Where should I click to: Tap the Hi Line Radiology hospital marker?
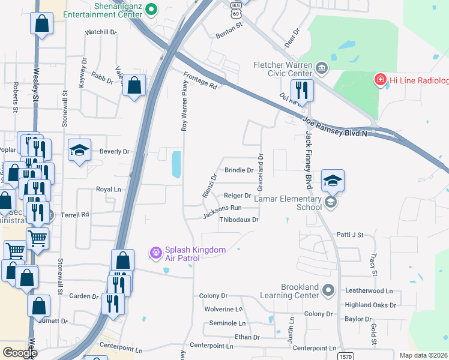tap(379, 80)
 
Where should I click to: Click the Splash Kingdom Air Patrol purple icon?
tap(156, 253)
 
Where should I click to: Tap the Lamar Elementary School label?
tap(288, 203)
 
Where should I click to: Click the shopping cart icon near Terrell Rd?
tap(38, 239)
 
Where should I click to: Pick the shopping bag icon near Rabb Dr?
tap(134, 86)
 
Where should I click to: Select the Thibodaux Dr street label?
tap(239, 220)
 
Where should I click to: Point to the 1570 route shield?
tap(345, 356)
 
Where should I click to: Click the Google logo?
tap(20, 353)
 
